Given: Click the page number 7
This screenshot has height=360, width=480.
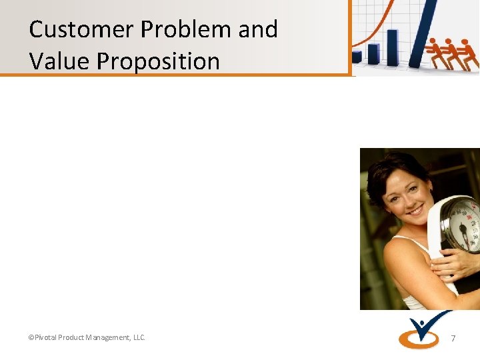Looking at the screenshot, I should [x=453, y=339].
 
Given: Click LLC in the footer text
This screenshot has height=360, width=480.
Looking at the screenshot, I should [x=139, y=338].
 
